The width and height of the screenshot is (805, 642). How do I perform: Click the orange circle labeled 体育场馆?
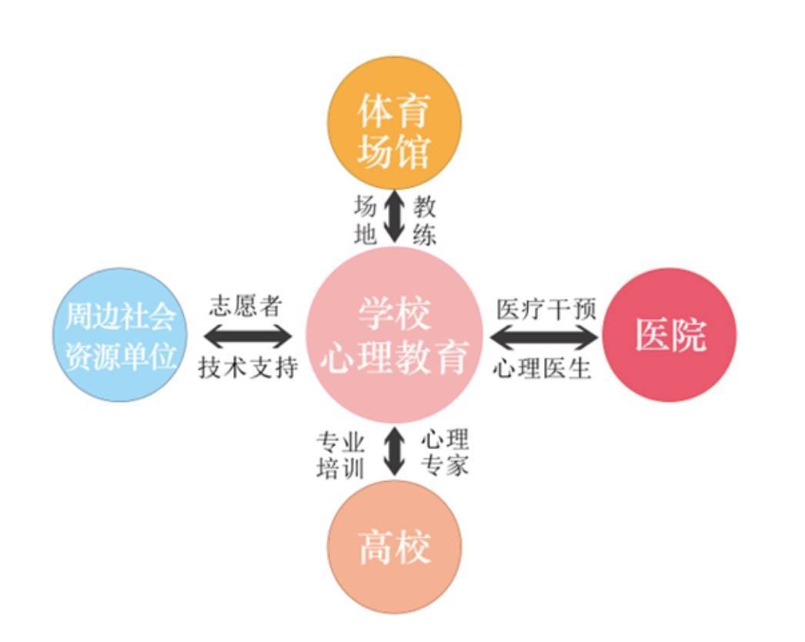(394, 122)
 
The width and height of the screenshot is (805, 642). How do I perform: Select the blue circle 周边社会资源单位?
(120, 334)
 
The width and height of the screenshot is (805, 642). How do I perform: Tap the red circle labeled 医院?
(669, 334)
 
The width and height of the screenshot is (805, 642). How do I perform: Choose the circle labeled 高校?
(394, 547)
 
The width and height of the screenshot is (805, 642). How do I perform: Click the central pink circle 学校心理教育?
(394, 335)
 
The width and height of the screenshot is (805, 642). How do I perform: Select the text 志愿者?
(246, 306)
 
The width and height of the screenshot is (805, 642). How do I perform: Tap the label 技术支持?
(248, 367)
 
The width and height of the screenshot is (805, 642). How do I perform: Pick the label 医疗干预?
(546, 309)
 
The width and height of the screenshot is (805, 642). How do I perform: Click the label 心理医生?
(542, 368)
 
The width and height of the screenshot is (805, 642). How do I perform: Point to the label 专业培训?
(340, 455)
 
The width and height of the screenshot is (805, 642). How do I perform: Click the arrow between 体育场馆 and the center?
(394, 216)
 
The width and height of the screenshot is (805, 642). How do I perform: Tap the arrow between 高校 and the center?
(394, 451)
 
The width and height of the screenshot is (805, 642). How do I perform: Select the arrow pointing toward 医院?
(543, 337)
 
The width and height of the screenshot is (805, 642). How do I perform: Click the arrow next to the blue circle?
(248, 336)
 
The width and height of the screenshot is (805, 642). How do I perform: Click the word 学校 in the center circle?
(394, 314)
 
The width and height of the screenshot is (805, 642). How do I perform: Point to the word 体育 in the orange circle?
(394, 110)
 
